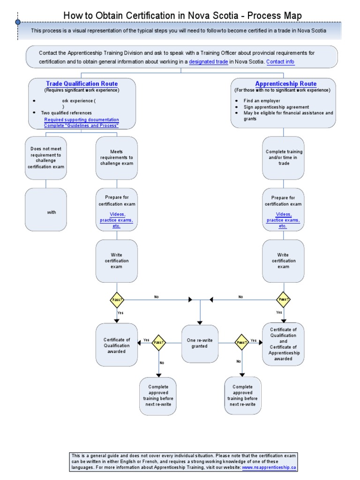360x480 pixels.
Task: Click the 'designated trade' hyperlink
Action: pos(209,61)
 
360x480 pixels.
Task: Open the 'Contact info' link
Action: pos(280,61)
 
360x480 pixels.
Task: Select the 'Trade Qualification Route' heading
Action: pos(82,83)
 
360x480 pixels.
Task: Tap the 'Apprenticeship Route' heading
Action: pos(285,83)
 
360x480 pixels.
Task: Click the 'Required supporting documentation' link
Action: pos(81,120)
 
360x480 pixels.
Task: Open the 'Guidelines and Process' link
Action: pos(81,126)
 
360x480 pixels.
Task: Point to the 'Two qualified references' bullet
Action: pos(66,113)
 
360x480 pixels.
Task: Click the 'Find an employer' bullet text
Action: pos(262,101)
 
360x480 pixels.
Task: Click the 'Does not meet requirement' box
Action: pos(46,157)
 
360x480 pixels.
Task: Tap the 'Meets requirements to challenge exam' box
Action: pos(116,157)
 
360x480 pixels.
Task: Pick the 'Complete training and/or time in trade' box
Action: pos(284,157)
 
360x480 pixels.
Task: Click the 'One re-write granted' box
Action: pos(200,344)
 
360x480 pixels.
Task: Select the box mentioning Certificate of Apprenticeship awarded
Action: pos(283,344)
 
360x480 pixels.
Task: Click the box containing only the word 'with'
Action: pos(46,210)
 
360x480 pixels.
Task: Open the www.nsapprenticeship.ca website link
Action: pos(269,467)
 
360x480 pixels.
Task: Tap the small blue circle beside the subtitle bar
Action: pos(18,22)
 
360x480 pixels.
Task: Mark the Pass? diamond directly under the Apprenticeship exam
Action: pos(283,299)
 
